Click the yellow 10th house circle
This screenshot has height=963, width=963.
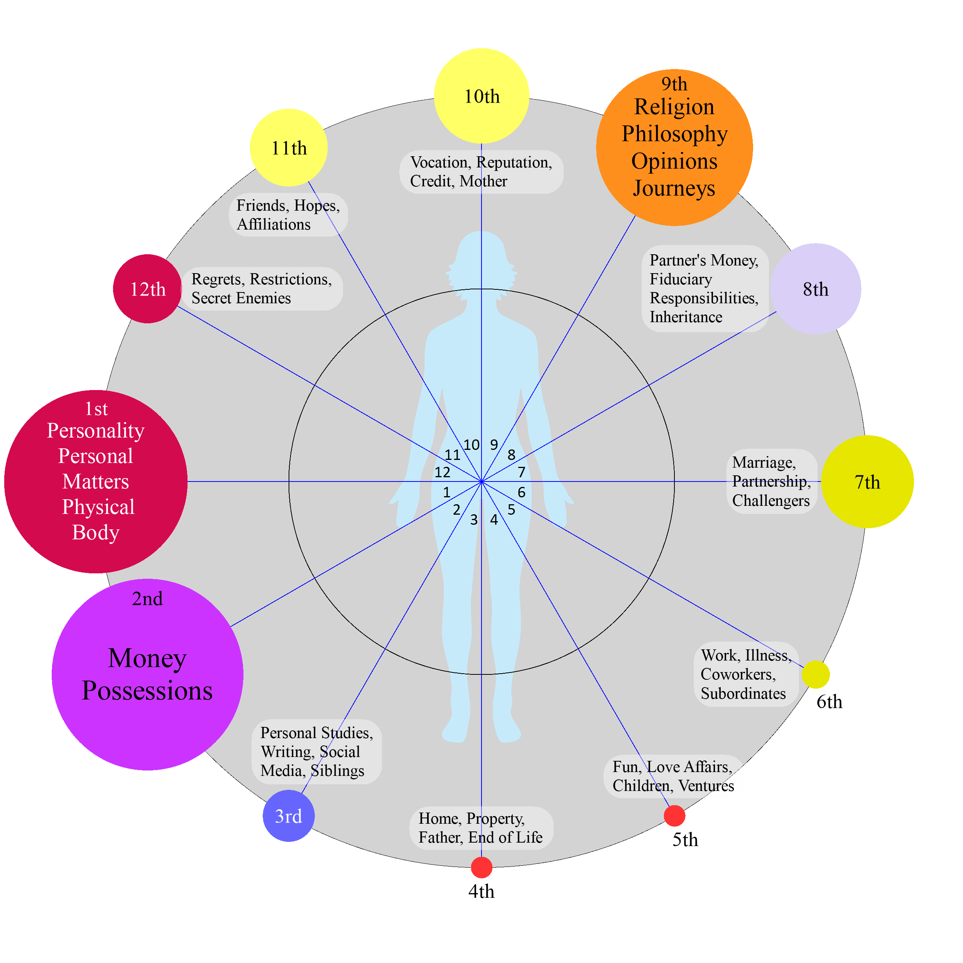click(481, 96)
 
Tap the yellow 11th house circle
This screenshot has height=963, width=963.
click(289, 147)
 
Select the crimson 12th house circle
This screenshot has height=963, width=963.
click(147, 289)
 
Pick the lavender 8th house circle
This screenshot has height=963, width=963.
click(816, 289)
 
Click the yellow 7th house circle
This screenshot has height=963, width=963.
click(867, 481)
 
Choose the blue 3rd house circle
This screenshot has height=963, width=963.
click(289, 816)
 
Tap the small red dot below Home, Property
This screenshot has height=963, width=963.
click(481, 868)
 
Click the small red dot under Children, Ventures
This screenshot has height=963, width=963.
click(674, 816)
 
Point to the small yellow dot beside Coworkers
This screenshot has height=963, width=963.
click(816, 674)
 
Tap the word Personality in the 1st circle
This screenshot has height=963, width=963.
click(96, 430)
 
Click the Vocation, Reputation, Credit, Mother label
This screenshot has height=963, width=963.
click(481, 171)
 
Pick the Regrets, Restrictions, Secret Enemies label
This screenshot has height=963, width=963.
click(262, 289)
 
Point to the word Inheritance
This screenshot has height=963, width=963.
click(686, 317)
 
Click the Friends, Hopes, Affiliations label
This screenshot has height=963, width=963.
click(288, 215)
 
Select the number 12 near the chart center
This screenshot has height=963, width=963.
click(442, 472)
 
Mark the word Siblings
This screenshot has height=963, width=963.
click(338, 770)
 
